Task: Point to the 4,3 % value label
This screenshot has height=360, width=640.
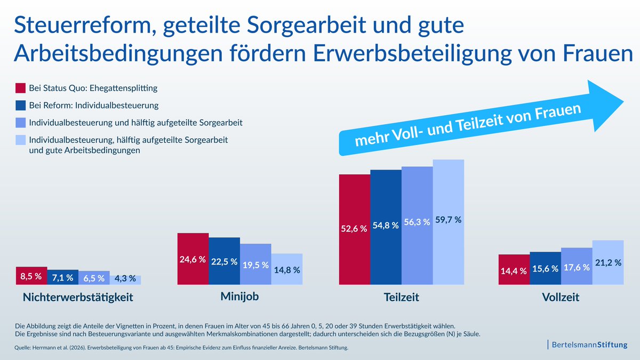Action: click(125, 278)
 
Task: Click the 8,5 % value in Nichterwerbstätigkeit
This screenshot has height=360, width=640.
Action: click(31, 277)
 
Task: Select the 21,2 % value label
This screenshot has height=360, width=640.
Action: click(607, 262)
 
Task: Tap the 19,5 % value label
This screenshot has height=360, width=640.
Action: click(255, 265)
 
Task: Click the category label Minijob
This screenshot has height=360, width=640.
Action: click(239, 297)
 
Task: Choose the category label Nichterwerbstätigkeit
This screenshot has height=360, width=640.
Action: click(78, 298)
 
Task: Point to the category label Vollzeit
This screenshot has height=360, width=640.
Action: click(561, 298)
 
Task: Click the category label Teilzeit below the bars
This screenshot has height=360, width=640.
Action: click(401, 298)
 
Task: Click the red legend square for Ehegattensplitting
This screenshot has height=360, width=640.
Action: click(21, 88)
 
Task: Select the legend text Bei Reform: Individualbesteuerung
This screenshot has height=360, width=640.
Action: click(94, 106)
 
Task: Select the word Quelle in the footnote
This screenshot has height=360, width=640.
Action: click(23, 348)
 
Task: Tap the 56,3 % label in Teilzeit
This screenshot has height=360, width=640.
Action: click(417, 222)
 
